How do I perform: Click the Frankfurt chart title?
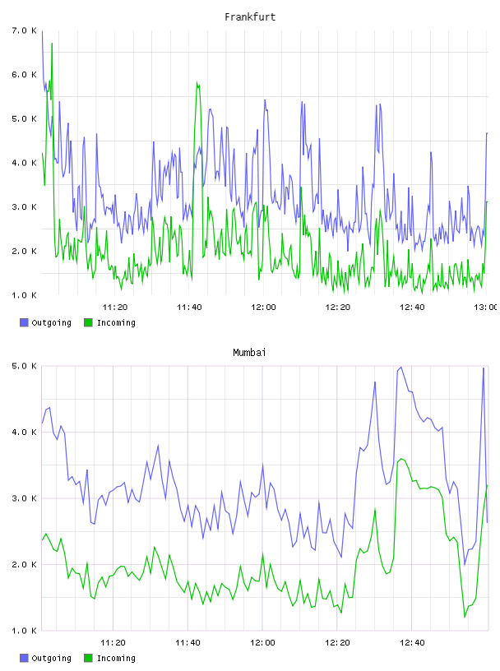tap(250, 16)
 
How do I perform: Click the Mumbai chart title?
tap(249, 352)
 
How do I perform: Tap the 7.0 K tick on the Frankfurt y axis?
tap(25, 30)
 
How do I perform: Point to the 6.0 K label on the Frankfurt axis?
tap(25, 75)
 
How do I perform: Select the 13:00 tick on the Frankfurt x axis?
tap(487, 307)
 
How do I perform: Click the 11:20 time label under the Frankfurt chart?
tap(115, 307)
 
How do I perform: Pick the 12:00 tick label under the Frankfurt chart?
tap(263, 307)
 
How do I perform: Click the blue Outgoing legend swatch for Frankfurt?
tap(24, 322)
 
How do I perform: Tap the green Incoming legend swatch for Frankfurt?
tap(88, 322)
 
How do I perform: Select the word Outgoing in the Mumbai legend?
tap(51, 658)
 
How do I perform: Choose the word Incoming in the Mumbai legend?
tap(116, 658)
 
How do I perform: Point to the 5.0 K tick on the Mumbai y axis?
tap(25, 366)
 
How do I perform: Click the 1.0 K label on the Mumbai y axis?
tap(25, 631)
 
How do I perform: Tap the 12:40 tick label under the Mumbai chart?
tap(412, 642)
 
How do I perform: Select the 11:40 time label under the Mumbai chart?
tap(187, 642)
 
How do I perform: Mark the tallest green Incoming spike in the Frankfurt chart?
tap(52, 44)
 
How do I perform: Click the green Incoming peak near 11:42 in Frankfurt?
tap(197, 82)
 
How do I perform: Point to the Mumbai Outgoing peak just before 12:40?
tap(401, 368)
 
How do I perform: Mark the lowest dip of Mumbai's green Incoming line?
tap(465, 617)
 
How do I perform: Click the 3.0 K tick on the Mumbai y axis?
tap(25, 498)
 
